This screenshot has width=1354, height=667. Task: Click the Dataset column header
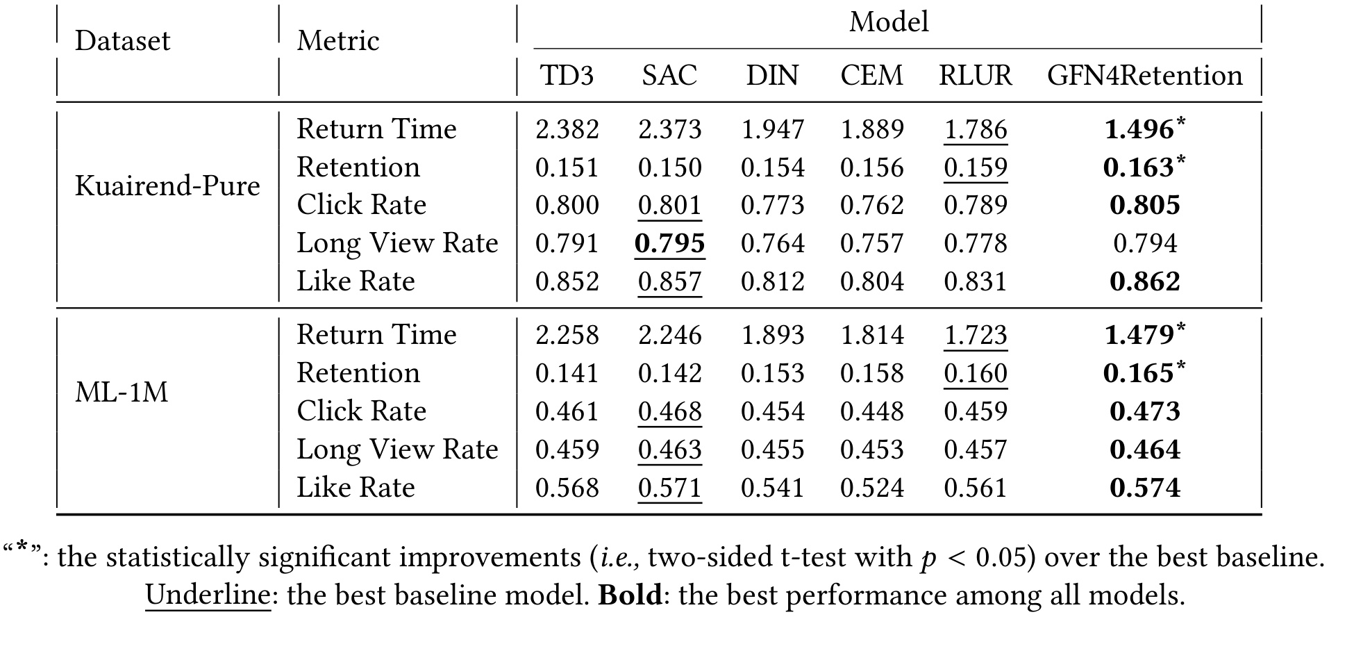(122, 41)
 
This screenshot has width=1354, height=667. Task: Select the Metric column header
(338, 41)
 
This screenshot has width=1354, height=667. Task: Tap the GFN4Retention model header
(1145, 76)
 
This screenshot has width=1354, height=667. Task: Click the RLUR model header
(976, 76)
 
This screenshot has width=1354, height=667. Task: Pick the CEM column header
(872, 76)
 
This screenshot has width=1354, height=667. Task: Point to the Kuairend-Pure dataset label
(167, 186)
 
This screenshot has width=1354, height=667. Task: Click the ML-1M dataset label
(122, 393)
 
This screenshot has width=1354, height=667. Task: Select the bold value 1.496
(1139, 129)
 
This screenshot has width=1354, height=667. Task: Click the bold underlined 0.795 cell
(670, 243)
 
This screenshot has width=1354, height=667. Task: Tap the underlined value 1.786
(976, 129)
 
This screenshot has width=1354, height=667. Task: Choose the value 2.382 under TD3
(567, 129)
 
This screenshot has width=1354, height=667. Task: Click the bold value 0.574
(1145, 488)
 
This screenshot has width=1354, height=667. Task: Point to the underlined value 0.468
(670, 411)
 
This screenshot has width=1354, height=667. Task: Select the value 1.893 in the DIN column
(773, 335)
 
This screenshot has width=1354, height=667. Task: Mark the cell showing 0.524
(872, 488)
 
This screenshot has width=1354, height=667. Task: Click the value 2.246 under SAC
(670, 335)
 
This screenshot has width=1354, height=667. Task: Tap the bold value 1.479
(1139, 335)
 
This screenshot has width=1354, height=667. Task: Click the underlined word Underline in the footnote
(208, 595)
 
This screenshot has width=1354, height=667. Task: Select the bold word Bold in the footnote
(630, 595)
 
